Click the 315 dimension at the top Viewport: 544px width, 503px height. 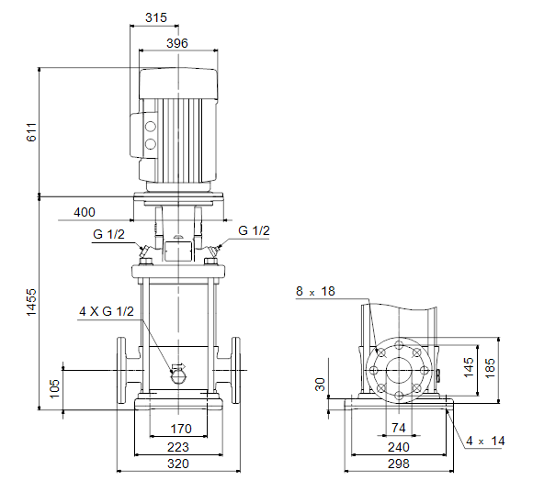[156, 17]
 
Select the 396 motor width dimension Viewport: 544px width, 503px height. [177, 43]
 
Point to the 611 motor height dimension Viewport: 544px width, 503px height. [31, 132]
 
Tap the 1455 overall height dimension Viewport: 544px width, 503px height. [31, 302]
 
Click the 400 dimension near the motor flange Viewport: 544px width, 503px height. [85, 212]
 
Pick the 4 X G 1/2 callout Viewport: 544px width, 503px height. [107, 311]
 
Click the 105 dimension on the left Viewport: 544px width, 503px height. [55, 388]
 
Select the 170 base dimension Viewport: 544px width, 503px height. [181, 429]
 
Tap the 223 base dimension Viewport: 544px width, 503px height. [178, 447]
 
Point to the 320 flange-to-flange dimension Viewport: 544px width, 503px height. [178, 464]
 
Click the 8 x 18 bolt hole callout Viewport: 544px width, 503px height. [315, 291]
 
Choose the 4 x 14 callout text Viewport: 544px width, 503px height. [485, 441]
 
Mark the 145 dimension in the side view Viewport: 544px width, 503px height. [469, 367]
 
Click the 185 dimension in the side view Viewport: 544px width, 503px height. [490, 368]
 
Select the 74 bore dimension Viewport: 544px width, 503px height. [399, 428]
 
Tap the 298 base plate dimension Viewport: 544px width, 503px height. [399, 464]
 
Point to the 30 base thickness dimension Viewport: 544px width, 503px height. [320, 385]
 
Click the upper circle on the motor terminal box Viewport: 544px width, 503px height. [150, 127]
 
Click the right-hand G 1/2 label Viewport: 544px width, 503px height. [254, 231]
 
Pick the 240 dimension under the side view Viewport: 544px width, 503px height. [399, 447]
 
